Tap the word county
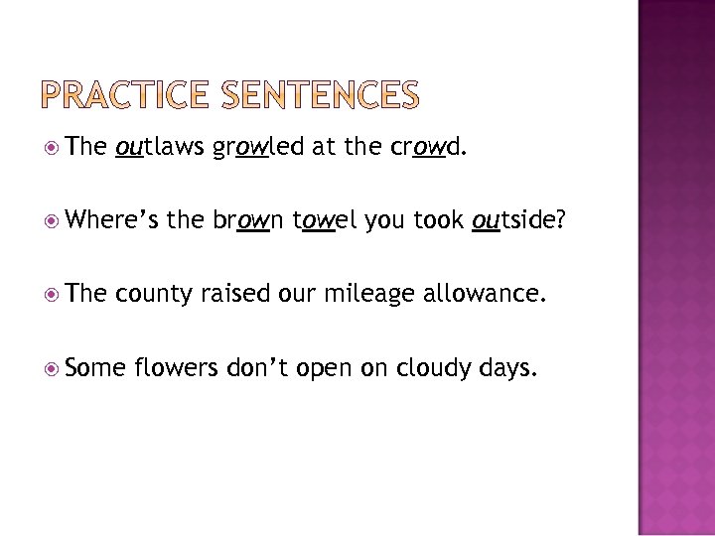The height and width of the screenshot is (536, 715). pos(154,295)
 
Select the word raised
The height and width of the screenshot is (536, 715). pos(237,294)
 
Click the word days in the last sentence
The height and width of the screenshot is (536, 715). pos(509,368)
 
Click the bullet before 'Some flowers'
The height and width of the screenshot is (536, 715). pos(66,368)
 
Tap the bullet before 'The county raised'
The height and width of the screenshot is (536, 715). pos(66,295)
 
